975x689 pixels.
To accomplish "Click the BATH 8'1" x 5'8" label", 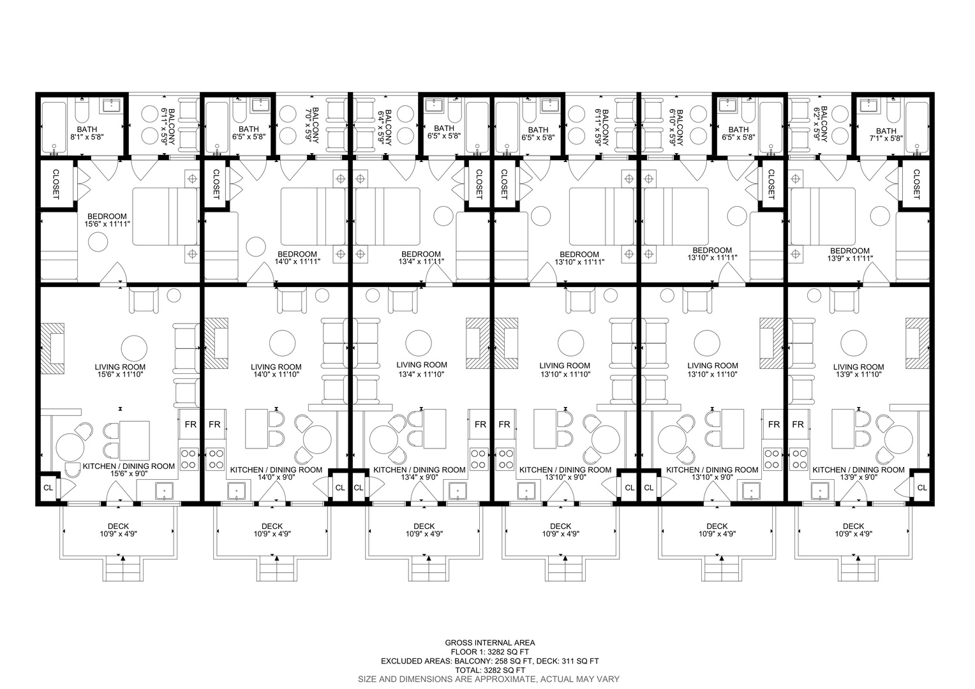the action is click(x=87, y=133).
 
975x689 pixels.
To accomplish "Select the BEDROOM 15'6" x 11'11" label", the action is click(x=107, y=220).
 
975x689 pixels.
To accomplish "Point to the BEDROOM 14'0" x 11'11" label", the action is click(x=297, y=258).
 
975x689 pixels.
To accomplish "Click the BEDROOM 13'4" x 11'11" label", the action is click(x=421, y=258).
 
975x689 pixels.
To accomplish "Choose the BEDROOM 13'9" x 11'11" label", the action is click(x=850, y=255).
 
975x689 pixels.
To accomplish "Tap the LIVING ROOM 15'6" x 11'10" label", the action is click(x=120, y=371).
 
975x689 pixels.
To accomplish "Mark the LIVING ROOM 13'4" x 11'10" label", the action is click(x=421, y=369).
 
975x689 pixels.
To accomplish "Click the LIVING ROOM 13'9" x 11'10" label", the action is click(x=858, y=371).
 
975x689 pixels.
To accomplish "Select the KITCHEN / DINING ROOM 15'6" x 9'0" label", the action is click(x=129, y=470).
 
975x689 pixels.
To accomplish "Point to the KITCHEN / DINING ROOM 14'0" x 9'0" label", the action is click(x=276, y=473).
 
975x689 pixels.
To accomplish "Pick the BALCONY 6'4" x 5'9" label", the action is click(x=384, y=127).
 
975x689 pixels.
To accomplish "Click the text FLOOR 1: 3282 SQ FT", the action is click(x=489, y=652).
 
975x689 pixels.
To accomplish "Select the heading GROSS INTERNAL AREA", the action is click(x=489, y=643).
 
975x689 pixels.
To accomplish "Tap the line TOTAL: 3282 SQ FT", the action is click(x=489, y=670).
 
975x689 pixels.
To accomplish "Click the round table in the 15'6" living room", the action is click(x=134, y=348).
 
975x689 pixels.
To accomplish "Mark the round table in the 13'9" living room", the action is click(x=854, y=343).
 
